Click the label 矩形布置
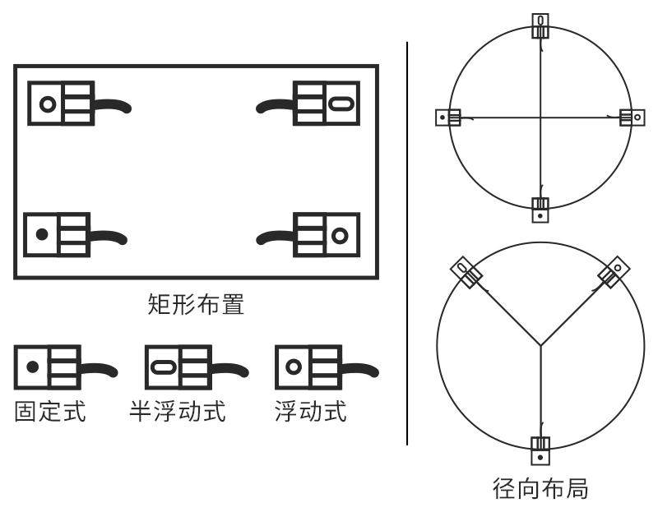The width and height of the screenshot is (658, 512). pos(195,306)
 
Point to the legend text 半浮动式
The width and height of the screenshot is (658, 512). pos(178,411)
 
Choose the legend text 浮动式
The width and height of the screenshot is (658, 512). pos(310,411)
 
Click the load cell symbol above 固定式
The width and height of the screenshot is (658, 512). pos(51,367)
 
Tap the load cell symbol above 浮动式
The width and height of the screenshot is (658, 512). pos(310,367)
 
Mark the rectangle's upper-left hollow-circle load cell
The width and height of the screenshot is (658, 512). pos(62,104)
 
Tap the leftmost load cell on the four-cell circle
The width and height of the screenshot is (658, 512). pos(448,118)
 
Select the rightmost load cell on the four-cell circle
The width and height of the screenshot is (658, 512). pos(632,118)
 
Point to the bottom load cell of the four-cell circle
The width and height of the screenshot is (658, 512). pos(540,210)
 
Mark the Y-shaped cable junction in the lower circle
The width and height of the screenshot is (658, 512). pos(540,344)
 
